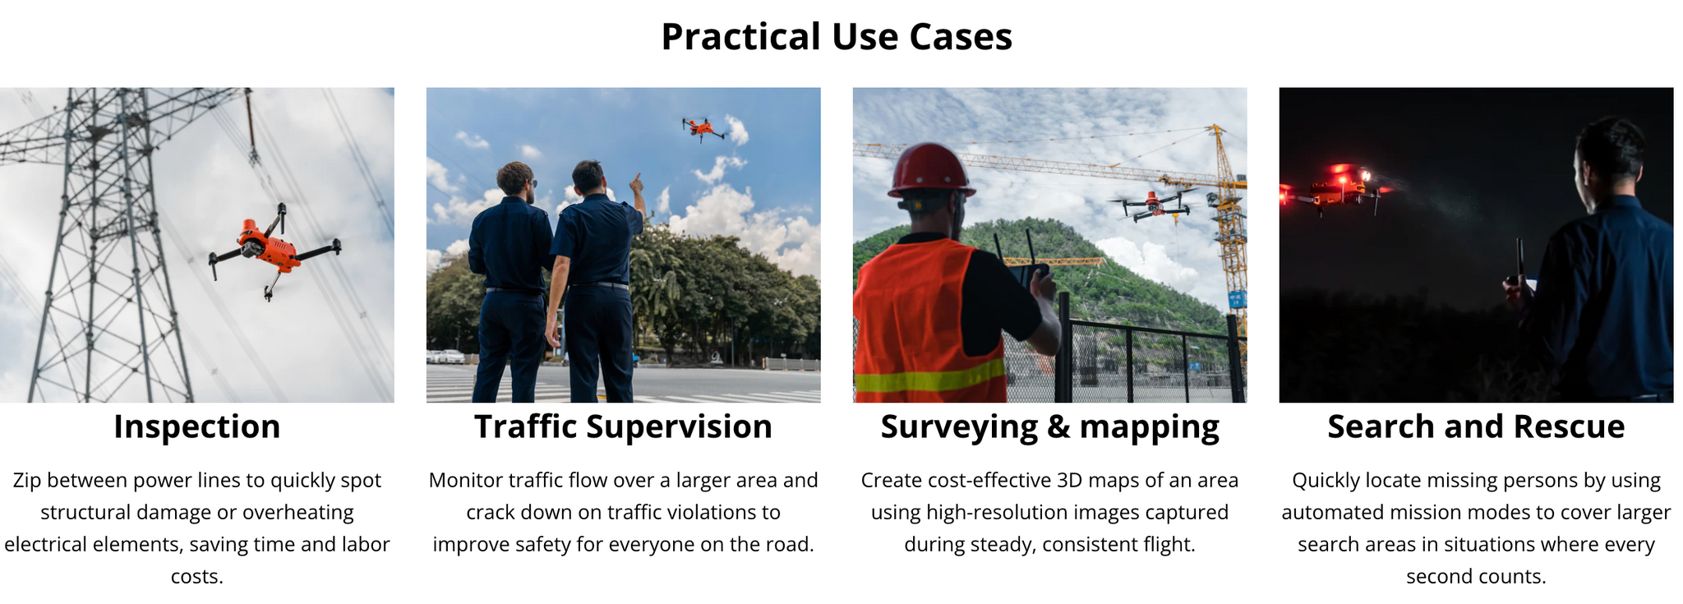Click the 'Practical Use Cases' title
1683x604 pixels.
point(837,37)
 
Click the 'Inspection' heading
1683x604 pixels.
point(197,427)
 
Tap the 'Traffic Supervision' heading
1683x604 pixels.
point(623,427)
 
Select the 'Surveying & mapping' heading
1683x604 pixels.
point(1049,427)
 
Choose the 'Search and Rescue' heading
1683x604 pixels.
point(1476,427)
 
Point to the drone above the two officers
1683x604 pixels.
point(703,128)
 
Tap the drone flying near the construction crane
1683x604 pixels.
point(1155,205)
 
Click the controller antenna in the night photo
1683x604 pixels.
point(1519,261)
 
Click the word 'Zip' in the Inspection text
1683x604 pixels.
point(26,481)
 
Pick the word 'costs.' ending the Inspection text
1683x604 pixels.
point(197,577)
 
